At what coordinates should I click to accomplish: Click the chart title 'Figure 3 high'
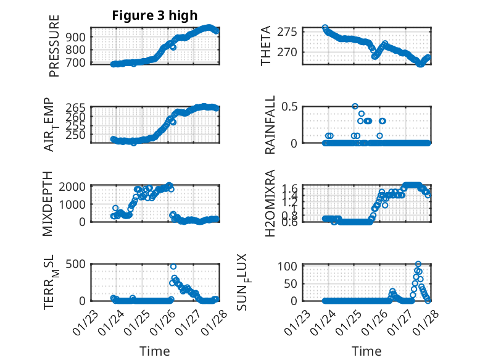pos(155,15)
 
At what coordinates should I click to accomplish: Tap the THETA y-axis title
pos(266,46)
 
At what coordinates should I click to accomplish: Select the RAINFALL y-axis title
pos(271,125)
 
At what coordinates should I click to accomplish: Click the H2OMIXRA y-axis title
pos(270,204)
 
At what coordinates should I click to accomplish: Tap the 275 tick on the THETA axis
pos(291,31)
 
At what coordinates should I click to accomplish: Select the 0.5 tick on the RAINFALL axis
pos(291,106)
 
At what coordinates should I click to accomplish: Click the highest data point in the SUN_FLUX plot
pos(418,264)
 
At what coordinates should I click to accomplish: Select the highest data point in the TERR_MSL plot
pos(173,267)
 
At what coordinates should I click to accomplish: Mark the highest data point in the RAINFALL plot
pos(355,106)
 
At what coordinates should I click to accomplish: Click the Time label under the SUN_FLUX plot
pos(366,351)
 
